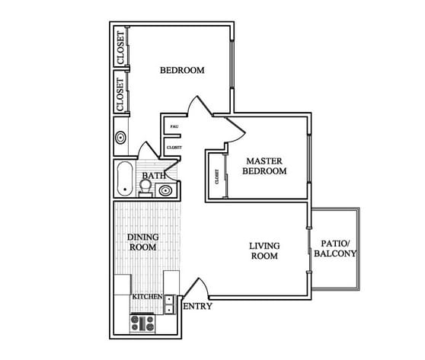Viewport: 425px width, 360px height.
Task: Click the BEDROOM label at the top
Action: (x=182, y=71)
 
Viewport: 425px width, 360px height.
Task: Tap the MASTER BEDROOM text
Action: (x=264, y=166)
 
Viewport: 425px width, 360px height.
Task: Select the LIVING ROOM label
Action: (x=264, y=250)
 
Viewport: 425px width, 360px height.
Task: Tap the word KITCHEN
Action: (x=146, y=296)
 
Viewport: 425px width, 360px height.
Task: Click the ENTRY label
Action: (x=198, y=307)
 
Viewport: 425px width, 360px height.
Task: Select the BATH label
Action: (x=154, y=177)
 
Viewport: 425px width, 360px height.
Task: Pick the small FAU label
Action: (x=174, y=126)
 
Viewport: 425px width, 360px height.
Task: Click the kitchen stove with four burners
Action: (x=142, y=324)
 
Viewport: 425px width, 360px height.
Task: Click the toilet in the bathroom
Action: (x=145, y=188)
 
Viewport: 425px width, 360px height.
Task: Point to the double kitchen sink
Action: (x=169, y=304)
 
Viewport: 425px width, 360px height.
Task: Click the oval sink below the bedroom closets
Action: (x=120, y=139)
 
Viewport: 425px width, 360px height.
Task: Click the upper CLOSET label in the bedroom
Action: (x=120, y=47)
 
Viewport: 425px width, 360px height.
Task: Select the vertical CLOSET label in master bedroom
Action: (x=217, y=177)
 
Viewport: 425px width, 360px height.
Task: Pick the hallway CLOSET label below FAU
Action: (x=174, y=148)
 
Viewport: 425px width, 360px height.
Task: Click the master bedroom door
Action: (x=237, y=129)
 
